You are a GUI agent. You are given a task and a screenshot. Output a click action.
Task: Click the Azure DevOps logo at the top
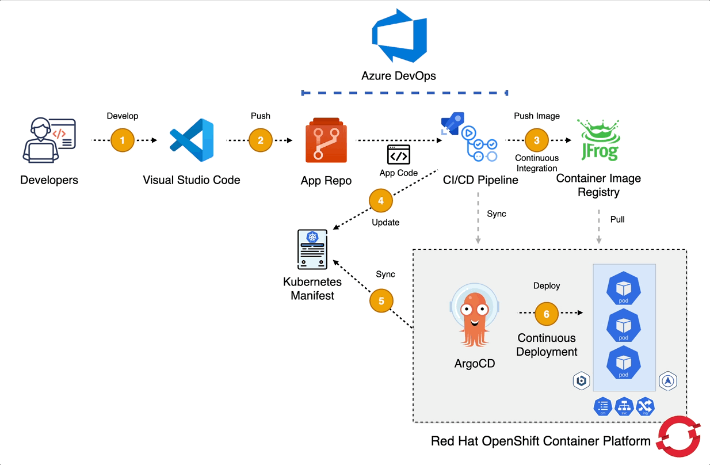tap(399, 35)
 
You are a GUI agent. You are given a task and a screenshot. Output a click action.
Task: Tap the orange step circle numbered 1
tap(123, 140)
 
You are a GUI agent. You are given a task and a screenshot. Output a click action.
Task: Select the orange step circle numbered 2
tap(260, 140)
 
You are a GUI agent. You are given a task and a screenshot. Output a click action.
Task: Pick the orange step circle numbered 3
tap(537, 140)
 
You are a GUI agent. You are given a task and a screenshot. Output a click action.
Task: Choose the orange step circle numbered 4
tap(381, 201)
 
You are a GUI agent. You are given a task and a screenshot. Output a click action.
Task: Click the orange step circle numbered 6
tap(547, 314)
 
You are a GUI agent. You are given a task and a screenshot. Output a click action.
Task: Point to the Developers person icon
tap(49, 140)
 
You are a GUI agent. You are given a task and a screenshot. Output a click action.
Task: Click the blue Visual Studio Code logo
tap(192, 141)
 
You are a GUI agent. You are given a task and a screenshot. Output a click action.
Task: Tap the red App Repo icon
tap(326, 141)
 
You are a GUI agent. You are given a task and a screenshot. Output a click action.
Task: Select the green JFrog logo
tap(598, 140)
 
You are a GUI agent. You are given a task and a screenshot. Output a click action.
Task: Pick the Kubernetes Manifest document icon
tap(312, 249)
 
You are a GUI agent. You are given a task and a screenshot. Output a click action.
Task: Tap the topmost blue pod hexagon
tap(624, 289)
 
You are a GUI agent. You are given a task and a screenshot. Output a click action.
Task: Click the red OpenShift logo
tap(681, 437)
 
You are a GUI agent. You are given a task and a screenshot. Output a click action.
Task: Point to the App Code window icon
tap(399, 155)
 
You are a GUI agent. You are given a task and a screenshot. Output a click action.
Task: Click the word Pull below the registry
tap(617, 219)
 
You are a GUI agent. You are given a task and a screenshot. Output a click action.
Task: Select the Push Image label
tap(537, 116)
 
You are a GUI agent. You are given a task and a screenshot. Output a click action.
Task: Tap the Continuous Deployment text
tap(547, 345)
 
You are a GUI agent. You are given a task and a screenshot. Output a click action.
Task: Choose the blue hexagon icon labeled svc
tap(624, 407)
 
